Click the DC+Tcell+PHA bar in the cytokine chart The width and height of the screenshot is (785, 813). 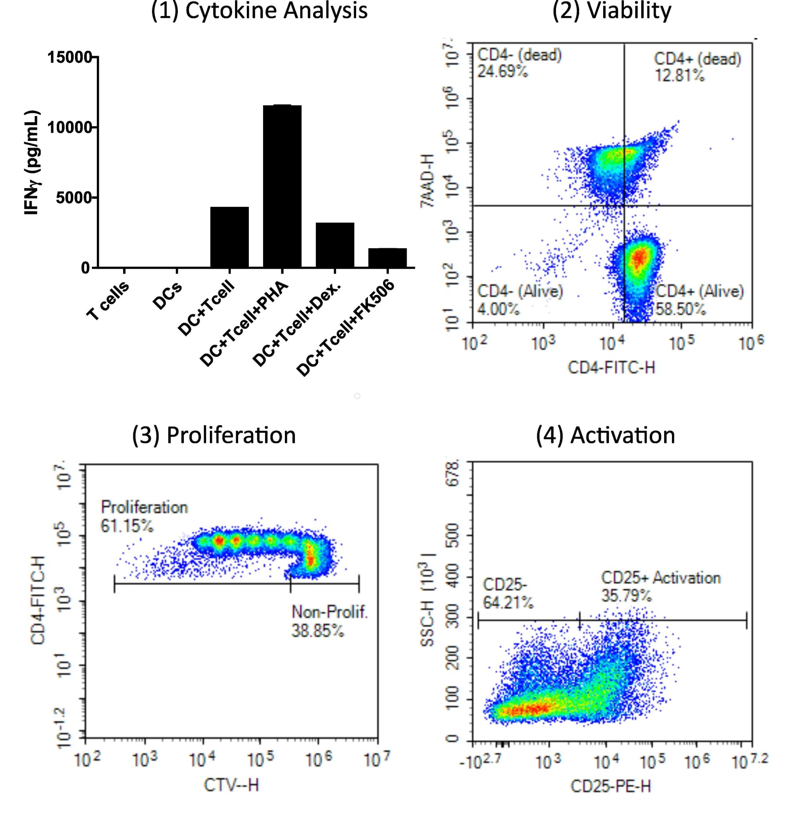point(282,187)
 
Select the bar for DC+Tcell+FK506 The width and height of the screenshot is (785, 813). point(387,258)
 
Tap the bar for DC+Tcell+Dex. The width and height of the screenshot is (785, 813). point(335,245)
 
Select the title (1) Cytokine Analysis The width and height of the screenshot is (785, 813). point(259,11)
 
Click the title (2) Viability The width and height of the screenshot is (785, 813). point(612,11)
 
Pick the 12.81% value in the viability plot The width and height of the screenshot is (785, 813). point(679,76)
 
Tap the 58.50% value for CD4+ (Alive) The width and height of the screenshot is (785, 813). point(680,309)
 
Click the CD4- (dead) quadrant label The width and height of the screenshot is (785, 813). point(519,55)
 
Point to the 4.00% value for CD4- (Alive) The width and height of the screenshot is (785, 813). point(498,309)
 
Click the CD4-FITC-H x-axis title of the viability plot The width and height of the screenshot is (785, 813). point(611,368)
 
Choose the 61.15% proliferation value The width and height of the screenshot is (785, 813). point(127,526)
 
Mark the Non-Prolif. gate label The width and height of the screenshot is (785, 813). point(330,612)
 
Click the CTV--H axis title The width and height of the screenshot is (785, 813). point(231,785)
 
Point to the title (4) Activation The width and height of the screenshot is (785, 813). point(606,435)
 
